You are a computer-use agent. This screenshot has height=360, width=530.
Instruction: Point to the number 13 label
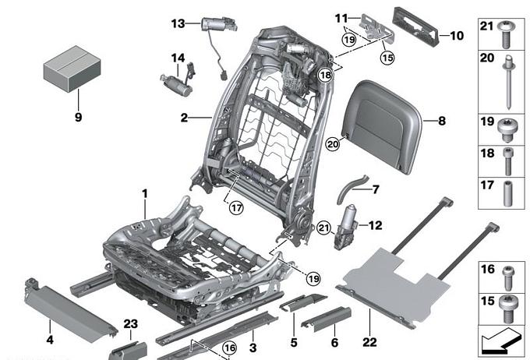click(x=176, y=24)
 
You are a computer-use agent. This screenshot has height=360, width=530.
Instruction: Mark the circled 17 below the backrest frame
click(x=235, y=207)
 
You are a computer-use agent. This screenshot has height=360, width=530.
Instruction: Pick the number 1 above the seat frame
click(x=144, y=192)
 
